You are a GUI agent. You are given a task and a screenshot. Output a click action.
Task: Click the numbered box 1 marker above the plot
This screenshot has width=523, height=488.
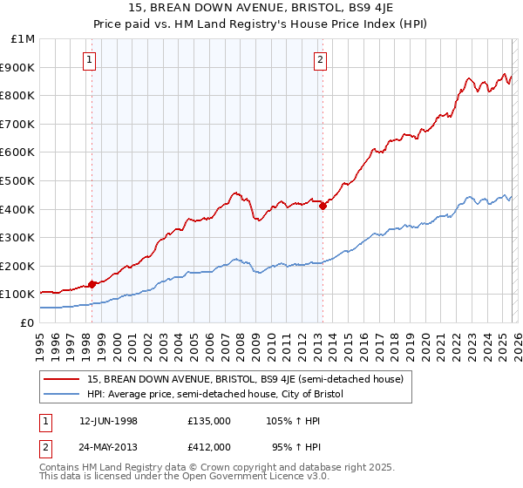click(92, 60)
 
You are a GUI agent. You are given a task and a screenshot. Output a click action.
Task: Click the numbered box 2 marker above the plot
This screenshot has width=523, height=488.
click(321, 60)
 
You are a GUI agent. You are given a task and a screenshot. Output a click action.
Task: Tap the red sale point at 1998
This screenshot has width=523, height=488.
click(92, 284)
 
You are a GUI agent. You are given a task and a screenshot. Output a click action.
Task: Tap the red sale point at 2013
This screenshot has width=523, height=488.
click(322, 206)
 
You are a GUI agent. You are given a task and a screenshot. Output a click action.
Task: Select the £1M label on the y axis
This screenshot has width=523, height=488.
click(23, 39)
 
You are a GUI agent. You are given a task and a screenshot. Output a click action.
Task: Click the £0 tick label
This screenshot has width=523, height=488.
click(28, 323)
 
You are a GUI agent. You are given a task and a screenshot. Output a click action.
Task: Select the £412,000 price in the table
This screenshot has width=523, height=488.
click(209, 446)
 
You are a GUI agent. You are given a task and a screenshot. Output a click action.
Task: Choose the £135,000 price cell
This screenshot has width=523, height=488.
click(209, 421)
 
